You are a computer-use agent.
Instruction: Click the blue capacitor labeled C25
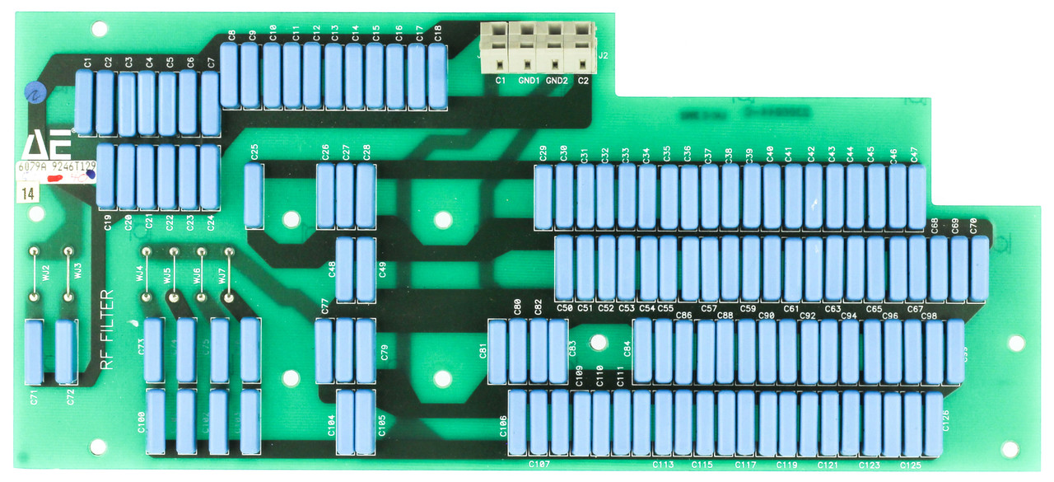(x=254, y=195)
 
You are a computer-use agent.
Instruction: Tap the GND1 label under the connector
(x=529, y=81)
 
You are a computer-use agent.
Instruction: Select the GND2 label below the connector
(x=557, y=81)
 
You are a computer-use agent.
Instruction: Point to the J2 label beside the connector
(x=604, y=55)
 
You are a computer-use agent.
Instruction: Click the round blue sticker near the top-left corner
(x=34, y=91)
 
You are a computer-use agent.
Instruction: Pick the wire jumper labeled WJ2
(x=35, y=272)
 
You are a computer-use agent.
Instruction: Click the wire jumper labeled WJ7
(x=230, y=273)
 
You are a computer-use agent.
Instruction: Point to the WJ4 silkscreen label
(x=140, y=273)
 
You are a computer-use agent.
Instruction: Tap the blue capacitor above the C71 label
(x=34, y=353)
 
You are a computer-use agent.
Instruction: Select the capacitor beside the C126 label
(x=933, y=424)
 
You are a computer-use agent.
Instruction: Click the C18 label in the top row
(x=437, y=33)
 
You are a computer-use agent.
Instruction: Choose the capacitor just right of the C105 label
(x=366, y=422)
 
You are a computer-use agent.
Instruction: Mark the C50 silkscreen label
(x=564, y=308)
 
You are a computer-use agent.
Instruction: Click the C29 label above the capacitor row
(x=543, y=153)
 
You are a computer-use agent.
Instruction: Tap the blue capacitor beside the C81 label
(x=497, y=352)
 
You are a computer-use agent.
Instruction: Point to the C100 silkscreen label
(x=141, y=423)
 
